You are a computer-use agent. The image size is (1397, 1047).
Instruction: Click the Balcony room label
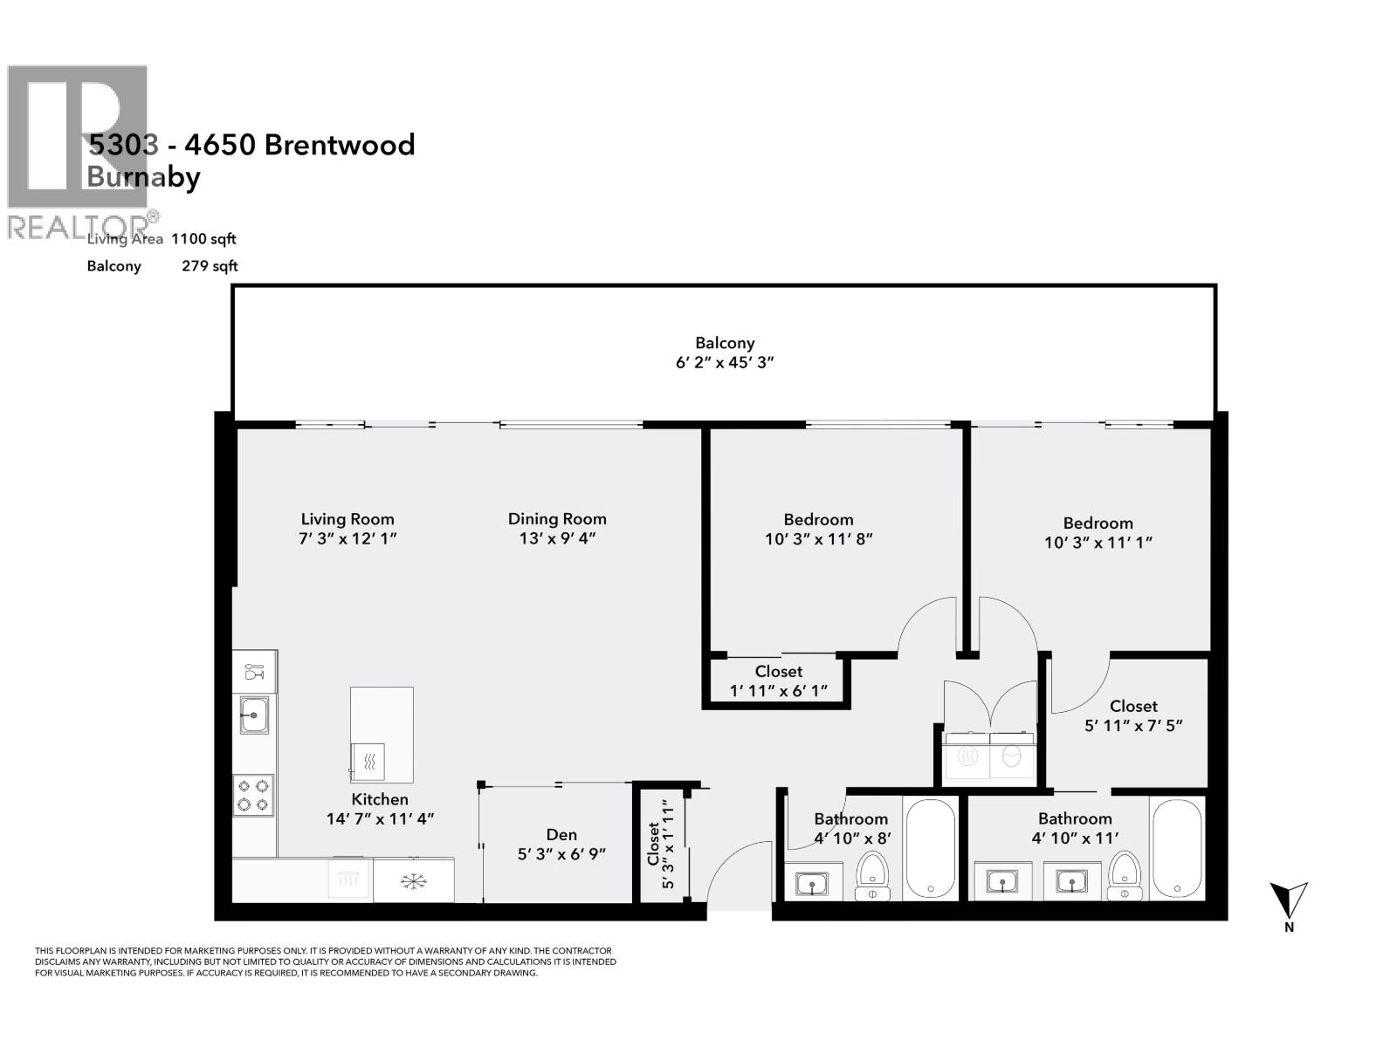[x=725, y=343]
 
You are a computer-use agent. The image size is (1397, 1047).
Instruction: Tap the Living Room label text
[x=348, y=518]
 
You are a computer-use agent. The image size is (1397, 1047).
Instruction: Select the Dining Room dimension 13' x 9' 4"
[x=557, y=538]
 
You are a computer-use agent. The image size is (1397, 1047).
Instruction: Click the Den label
[x=561, y=835]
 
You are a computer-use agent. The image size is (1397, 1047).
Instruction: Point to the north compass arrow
[x=1288, y=899]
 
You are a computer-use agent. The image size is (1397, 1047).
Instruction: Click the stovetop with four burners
[x=253, y=795]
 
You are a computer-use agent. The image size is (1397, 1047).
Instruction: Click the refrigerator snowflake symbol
[x=412, y=881]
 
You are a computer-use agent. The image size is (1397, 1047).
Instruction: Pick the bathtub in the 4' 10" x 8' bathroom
[x=930, y=848]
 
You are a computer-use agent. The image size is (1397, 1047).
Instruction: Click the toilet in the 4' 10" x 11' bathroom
[x=1125, y=875]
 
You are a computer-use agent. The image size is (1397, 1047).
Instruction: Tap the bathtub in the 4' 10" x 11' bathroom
[x=1176, y=848]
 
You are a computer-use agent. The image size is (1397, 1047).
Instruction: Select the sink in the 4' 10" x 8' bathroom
[x=812, y=884]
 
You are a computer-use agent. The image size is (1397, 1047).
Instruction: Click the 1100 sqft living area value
[x=203, y=238]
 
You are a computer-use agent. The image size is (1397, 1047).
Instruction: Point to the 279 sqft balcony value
[x=210, y=266]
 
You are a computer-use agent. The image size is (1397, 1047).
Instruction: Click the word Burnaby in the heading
[x=143, y=177]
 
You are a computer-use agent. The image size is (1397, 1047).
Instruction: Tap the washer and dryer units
[x=990, y=756]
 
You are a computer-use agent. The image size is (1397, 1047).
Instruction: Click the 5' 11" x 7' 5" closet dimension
[x=1133, y=725]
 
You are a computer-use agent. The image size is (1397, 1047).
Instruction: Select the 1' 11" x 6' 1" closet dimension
[x=778, y=691]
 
